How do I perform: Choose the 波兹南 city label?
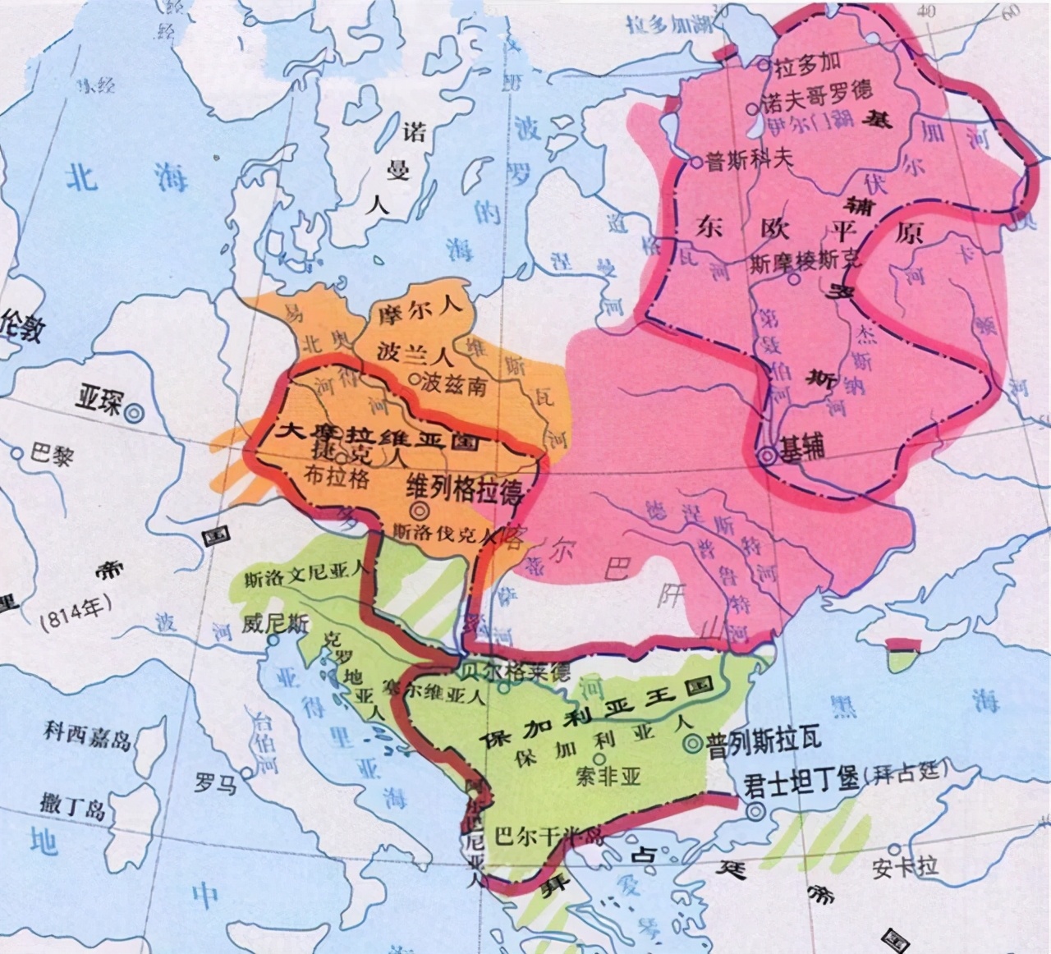(x=454, y=383)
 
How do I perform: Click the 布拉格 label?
(x=336, y=476)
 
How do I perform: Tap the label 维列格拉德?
(x=465, y=490)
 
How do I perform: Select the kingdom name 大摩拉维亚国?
(x=378, y=433)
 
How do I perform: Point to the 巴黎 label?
(x=51, y=454)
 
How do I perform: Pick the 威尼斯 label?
(x=275, y=623)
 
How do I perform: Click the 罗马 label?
(x=215, y=782)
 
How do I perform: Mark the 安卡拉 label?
(x=905, y=865)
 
